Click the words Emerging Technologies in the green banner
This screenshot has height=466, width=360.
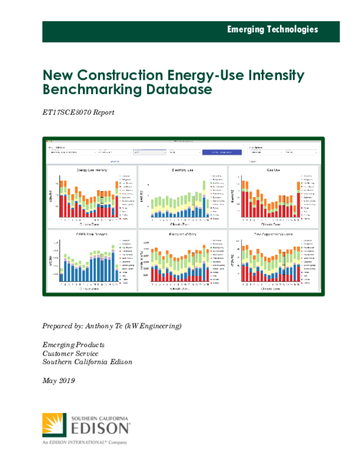tap(273, 30)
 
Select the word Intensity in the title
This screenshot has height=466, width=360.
tap(274, 75)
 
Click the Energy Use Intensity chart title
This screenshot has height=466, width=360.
tap(92, 170)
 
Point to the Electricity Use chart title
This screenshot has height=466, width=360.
tap(183, 170)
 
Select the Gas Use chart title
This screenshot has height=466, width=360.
tap(273, 170)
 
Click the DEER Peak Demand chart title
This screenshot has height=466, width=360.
tap(92, 234)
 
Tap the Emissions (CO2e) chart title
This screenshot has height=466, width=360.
tap(183, 234)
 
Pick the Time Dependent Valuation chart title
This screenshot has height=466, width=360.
tap(273, 234)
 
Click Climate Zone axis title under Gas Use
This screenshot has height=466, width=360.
tap(273, 224)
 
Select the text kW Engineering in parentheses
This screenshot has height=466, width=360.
tap(152, 326)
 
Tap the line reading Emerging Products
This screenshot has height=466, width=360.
tap(73, 345)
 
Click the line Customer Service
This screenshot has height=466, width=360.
tap(70, 353)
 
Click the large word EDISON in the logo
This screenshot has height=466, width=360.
tap(100, 429)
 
